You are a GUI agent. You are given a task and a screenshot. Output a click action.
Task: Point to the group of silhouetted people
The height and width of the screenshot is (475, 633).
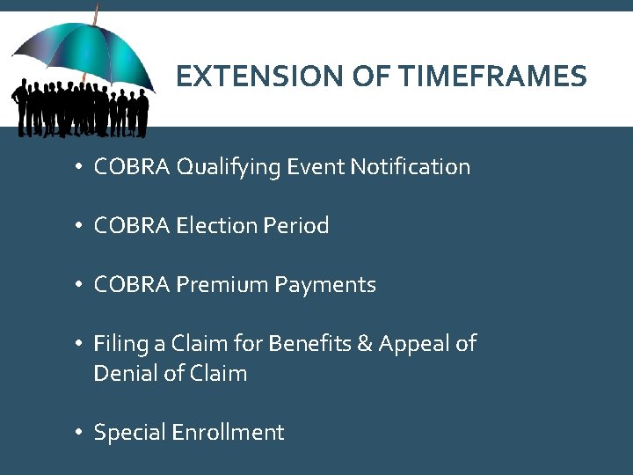click(x=80, y=109)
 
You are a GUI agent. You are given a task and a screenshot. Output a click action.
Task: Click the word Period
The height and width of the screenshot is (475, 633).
click(x=295, y=225)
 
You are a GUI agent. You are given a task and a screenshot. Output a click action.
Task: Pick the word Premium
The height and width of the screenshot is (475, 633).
click(x=223, y=284)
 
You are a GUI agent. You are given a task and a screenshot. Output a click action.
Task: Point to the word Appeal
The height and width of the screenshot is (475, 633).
click(x=413, y=343)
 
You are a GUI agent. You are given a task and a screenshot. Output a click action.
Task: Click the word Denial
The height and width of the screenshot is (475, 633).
click(x=122, y=373)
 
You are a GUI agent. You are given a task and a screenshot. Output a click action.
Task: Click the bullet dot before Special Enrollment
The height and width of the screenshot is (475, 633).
click(x=78, y=433)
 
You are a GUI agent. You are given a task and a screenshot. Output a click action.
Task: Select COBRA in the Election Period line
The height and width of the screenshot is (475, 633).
click(x=132, y=225)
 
